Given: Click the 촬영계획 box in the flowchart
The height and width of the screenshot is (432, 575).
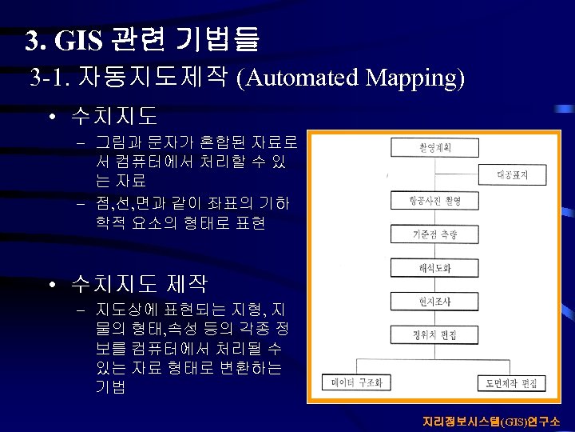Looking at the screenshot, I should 422,147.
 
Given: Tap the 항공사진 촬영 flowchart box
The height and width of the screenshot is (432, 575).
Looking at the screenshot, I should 423,200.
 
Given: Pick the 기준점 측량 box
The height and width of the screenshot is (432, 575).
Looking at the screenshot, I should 422,234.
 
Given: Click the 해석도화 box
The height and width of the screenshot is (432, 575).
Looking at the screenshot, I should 423,267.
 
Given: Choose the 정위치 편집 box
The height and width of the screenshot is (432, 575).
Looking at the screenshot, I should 423,334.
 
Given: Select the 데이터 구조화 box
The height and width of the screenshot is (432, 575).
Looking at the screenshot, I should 356,382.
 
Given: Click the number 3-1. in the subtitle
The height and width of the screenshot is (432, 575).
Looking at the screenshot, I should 50,78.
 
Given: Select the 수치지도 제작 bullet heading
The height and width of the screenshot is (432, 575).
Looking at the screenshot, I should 139,283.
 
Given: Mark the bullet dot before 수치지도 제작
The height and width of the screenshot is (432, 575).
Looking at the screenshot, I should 50,284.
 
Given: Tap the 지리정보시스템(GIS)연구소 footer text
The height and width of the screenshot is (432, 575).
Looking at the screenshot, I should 491,421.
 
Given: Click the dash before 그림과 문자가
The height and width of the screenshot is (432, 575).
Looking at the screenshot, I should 81,144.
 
